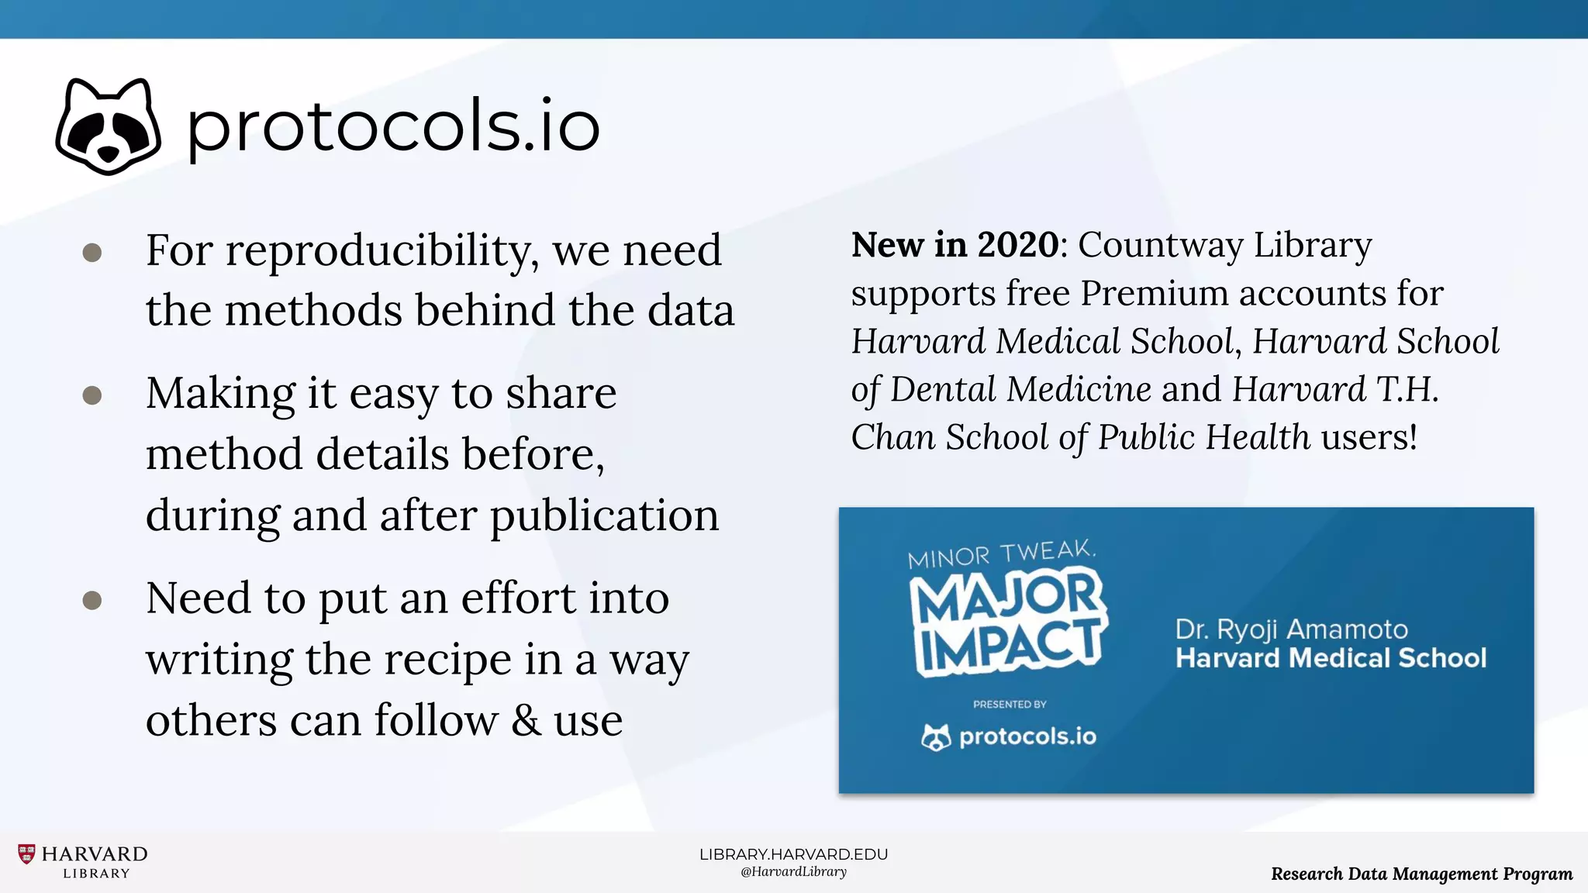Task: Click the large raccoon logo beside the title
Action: (109, 126)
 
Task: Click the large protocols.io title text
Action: (393, 126)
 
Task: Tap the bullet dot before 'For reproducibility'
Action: (92, 253)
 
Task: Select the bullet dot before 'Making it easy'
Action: (92, 395)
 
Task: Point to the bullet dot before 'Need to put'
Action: (92, 600)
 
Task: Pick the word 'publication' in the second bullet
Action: (605, 515)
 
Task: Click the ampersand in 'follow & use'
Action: (526, 720)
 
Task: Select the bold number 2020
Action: (1017, 245)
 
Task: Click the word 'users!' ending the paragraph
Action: (1369, 437)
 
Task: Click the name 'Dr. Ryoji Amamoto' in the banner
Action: (1291, 629)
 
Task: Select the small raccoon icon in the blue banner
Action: (936, 736)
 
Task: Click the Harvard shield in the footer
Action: (26, 854)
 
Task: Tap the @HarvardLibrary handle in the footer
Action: (793, 872)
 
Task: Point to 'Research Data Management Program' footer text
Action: (1421, 874)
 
